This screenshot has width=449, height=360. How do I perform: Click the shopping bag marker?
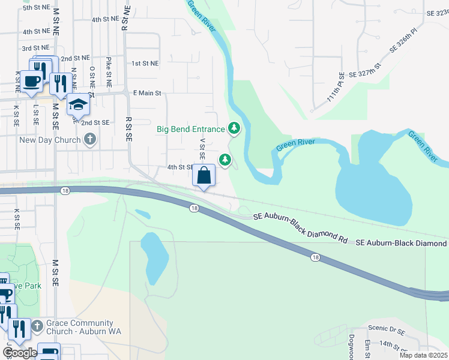click(204, 176)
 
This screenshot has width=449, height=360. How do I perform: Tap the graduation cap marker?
click(77, 105)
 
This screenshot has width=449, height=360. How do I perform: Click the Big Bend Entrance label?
click(190, 129)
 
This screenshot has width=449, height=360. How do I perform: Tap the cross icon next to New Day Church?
click(90, 140)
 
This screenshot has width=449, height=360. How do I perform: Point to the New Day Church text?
click(50, 140)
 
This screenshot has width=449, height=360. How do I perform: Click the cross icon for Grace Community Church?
click(37, 326)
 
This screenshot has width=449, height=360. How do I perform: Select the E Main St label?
click(147, 93)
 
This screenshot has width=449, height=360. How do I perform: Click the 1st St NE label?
click(145, 63)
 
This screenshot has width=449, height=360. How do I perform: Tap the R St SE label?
click(128, 128)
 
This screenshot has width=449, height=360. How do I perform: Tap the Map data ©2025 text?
click(423, 355)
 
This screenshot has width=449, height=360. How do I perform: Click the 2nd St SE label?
click(96, 122)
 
